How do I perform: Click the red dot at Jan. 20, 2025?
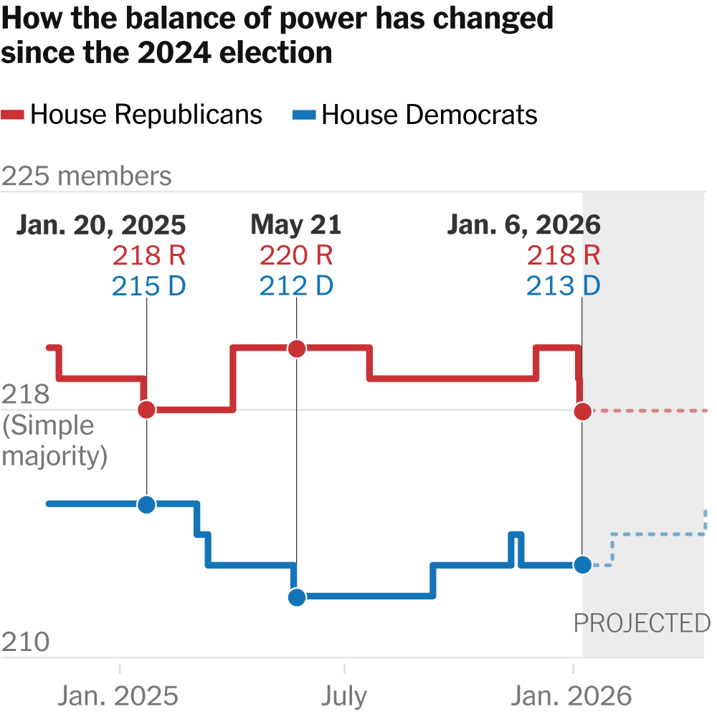click(x=146, y=409)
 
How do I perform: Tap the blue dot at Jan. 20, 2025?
click(x=146, y=504)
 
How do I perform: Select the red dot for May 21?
click(x=296, y=349)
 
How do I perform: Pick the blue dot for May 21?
click(x=296, y=597)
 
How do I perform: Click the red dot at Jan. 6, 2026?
click(x=582, y=411)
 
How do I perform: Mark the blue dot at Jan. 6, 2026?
click(x=582, y=565)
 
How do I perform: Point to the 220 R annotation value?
click(x=296, y=255)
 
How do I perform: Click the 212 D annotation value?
click(x=296, y=286)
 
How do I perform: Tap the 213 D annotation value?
click(x=563, y=286)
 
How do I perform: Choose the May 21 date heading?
click(x=296, y=225)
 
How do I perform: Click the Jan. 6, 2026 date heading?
click(x=523, y=225)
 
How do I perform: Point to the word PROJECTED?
click(x=642, y=623)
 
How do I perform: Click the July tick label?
click(x=344, y=695)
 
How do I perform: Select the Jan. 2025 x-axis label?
click(x=118, y=695)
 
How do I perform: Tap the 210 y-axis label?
click(x=26, y=642)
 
